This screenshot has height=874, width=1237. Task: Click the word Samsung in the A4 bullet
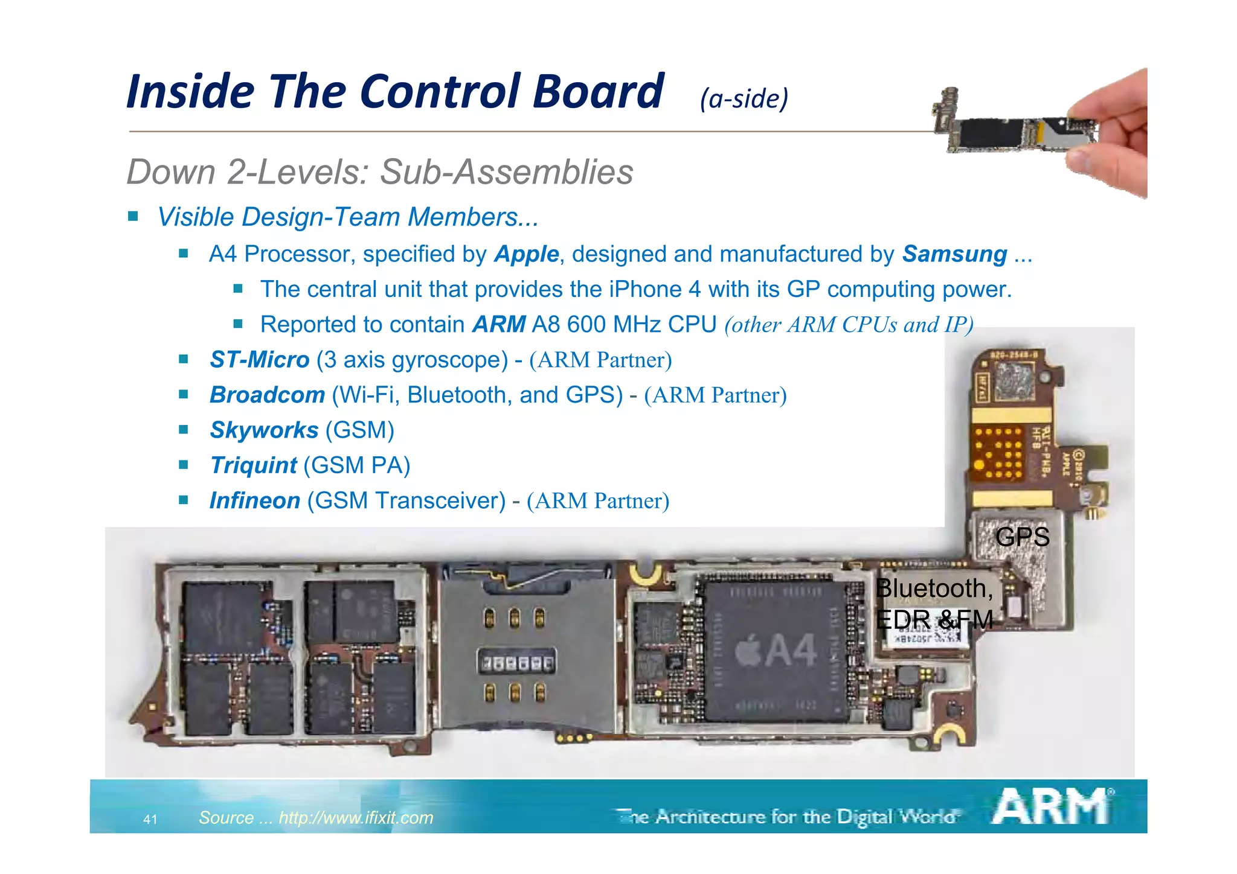click(954, 254)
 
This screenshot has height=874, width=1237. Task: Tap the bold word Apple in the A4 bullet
click(526, 255)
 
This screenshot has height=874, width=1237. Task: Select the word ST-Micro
click(259, 360)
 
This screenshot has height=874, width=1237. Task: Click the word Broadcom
click(267, 395)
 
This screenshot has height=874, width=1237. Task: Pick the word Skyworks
click(264, 430)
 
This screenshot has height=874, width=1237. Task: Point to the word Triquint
click(253, 465)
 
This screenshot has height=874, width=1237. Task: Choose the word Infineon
click(254, 500)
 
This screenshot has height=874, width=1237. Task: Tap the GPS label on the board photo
click(1022, 537)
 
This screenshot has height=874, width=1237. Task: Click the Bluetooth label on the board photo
click(934, 589)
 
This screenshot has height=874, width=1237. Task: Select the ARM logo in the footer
click(1051, 807)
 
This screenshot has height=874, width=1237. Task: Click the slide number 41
click(150, 819)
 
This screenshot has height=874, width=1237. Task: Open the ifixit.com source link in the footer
click(356, 818)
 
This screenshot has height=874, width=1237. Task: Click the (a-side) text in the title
click(744, 98)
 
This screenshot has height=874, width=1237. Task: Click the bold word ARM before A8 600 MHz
click(498, 325)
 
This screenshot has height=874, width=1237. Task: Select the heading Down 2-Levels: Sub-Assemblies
click(380, 172)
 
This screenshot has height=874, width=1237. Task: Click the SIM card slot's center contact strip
click(516, 663)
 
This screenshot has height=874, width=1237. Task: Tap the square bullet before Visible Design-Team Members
click(133, 216)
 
